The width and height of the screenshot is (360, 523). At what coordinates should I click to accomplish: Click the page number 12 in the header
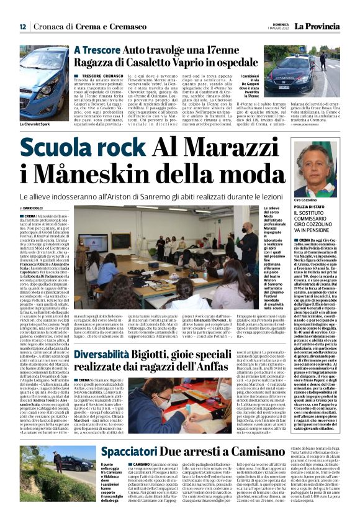pos(22,27)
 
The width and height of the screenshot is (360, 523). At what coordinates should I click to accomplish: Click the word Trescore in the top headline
pos(101,48)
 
